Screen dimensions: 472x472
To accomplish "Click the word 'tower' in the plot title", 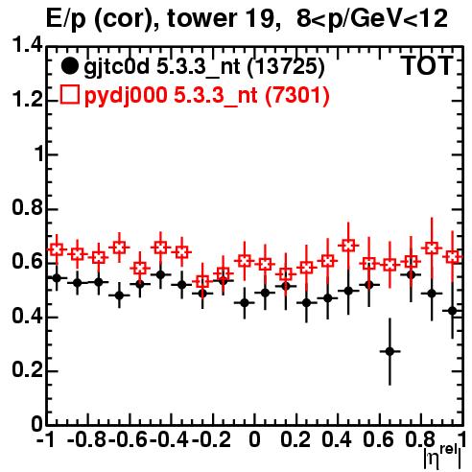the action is click(x=201, y=18).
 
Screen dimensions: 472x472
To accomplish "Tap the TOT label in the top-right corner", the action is click(x=428, y=66).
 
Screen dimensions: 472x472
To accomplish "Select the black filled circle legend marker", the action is click(x=69, y=66).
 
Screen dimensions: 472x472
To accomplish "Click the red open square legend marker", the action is click(x=69, y=94).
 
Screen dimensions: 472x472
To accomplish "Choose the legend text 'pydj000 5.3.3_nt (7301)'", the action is click(x=206, y=96).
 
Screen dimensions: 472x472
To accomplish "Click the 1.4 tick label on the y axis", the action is click(x=27, y=45).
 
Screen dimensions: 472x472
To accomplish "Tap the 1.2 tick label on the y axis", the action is click(x=27, y=100).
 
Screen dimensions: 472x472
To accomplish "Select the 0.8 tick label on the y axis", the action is click(x=27, y=207).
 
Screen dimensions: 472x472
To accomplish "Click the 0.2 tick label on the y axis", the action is click(x=27, y=369).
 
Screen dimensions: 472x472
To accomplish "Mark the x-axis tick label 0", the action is click(x=254, y=440).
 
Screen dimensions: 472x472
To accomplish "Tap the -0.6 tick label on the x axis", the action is click(x=128, y=440).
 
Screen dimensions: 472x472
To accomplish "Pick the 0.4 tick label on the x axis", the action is click(x=337, y=440).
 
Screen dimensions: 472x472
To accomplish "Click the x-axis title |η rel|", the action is click(x=443, y=458).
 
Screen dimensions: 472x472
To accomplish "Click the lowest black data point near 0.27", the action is click(x=389, y=351).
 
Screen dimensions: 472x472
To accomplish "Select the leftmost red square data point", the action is click(x=57, y=249).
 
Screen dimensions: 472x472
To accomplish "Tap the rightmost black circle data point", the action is click(x=452, y=311).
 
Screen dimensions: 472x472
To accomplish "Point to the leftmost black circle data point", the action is click(x=57, y=278).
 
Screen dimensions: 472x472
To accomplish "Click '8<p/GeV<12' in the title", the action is click(x=371, y=19).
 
